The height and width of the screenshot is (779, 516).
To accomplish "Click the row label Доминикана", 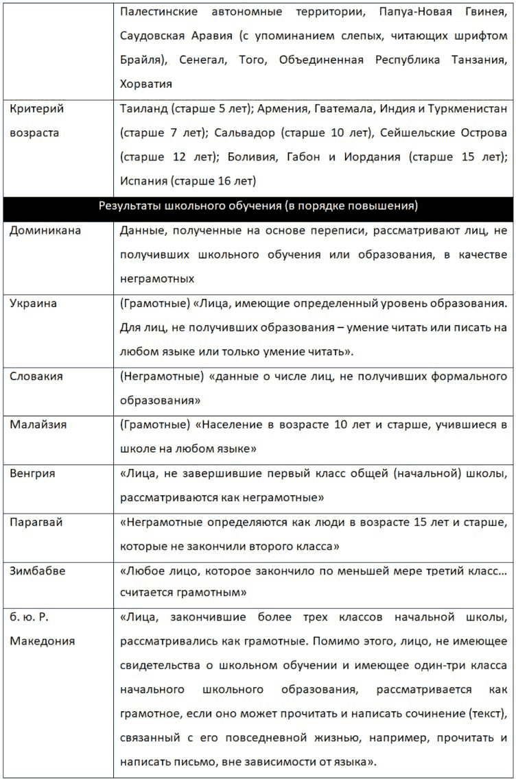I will [x=45, y=230].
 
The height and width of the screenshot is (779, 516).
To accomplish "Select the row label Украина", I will [x=34, y=303].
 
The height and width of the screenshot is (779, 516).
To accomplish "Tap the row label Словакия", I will [x=36, y=376].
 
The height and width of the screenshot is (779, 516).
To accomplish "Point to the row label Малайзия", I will [x=38, y=424].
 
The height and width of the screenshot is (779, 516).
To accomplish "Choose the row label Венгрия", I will [x=32, y=473].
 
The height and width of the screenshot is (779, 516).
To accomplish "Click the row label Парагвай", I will [x=36, y=522].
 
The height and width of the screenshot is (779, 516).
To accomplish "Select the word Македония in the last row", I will [x=43, y=641].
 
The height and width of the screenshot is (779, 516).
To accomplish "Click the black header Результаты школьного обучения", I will [x=258, y=206].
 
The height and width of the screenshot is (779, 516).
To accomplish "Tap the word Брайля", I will [x=141, y=60].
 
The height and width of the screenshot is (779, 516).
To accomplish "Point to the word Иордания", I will [x=372, y=157].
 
